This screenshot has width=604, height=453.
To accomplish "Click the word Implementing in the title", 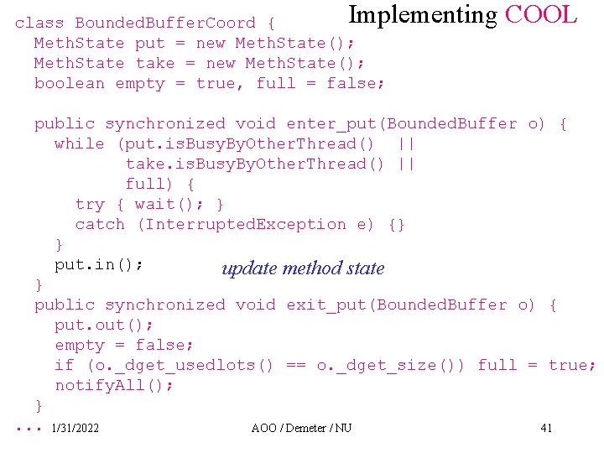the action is [423, 15].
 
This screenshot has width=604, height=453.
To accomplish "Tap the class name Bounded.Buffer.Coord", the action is [165, 23].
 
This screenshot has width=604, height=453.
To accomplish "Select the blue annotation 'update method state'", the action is [303, 268].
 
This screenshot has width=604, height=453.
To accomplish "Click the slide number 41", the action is [546, 429].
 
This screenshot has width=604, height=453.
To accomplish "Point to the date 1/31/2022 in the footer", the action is [75, 429].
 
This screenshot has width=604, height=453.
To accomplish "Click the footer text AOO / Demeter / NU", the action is [301, 429].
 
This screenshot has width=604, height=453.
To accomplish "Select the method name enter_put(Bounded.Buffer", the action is [402, 124].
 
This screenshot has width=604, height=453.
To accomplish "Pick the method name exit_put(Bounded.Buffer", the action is [397, 305].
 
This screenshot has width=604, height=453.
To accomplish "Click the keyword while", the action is [80, 144].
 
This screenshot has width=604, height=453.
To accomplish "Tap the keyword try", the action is [90, 205].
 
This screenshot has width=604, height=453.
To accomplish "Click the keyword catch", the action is [100, 225].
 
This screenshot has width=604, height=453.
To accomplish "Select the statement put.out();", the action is [105, 325].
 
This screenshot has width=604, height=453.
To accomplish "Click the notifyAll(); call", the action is [115, 386].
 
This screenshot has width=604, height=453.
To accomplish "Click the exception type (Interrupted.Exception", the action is [241, 225].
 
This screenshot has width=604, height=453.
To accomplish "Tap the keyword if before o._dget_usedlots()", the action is [65, 366].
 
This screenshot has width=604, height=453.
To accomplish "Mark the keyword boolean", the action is [70, 84].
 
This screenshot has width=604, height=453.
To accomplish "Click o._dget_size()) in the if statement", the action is [407, 366].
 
